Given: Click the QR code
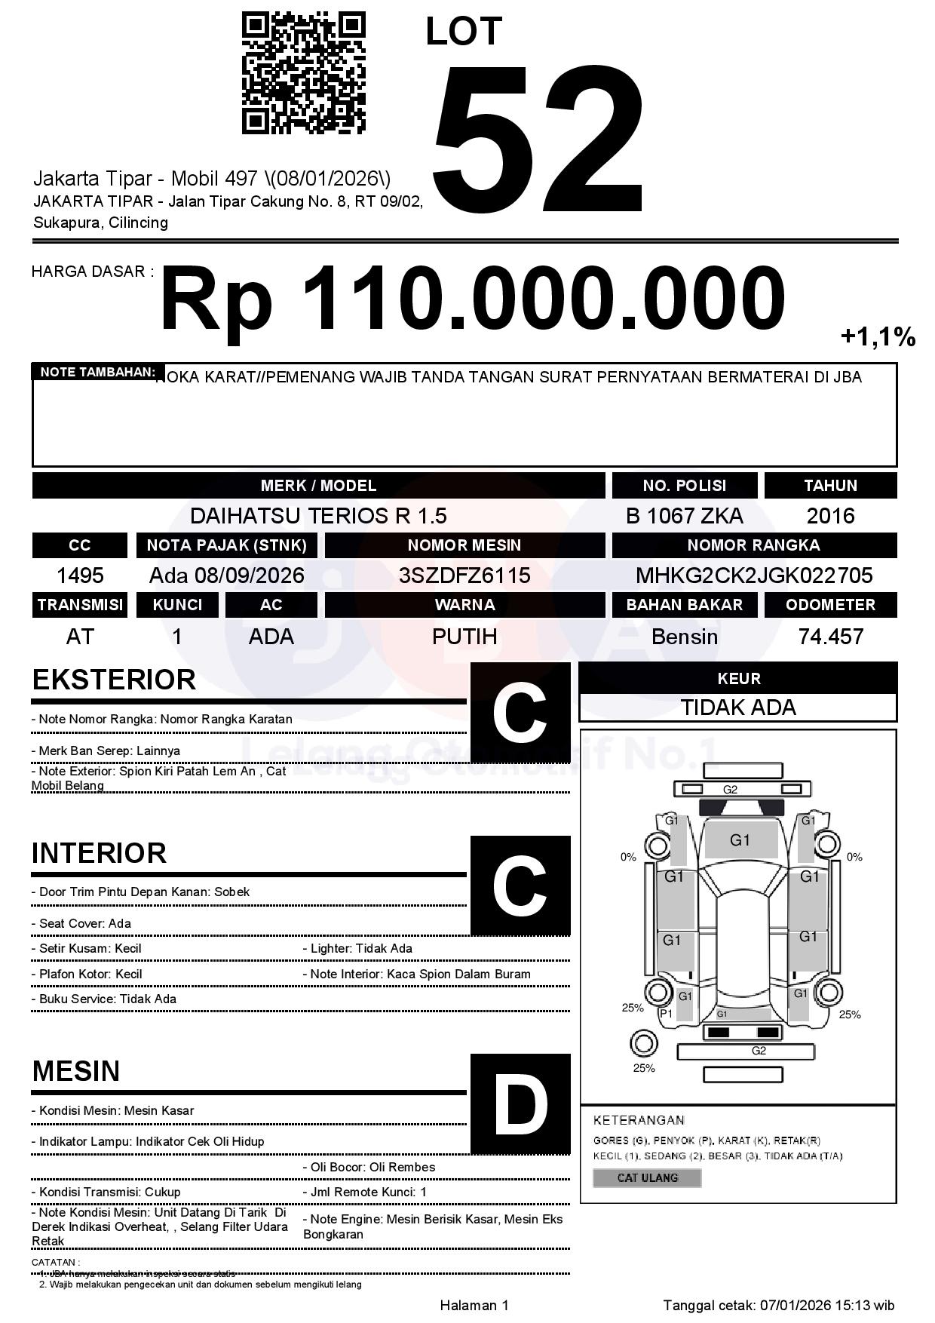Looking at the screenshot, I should click(x=303, y=73).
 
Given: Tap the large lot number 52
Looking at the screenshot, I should click(x=538, y=140).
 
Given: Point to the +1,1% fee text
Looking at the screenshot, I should click(x=878, y=336).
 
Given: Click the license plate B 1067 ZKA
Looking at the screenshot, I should click(x=684, y=516).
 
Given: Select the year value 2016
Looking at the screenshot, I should click(x=830, y=516).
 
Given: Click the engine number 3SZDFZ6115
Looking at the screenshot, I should click(x=464, y=576).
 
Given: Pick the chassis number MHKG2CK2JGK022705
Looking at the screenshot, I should click(x=754, y=576).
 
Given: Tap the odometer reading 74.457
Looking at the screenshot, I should click(x=830, y=637).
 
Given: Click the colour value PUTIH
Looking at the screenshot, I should click(x=464, y=637).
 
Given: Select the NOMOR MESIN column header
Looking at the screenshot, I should click(x=464, y=545).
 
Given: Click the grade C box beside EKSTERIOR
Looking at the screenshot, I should click(x=520, y=713).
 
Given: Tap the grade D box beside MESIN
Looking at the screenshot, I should click(x=520, y=1104).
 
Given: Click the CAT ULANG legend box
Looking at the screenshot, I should click(x=647, y=1177).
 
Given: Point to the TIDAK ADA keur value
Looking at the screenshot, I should click(x=738, y=708).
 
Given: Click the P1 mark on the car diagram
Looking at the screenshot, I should click(x=666, y=1014).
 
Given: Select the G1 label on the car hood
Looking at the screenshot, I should click(x=740, y=840).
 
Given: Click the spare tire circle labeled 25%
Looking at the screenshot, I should click(x=643, y=1044).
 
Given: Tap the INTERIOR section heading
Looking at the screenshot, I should click(x=99, y=853).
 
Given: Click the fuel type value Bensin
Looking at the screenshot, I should click(x=684, y=637).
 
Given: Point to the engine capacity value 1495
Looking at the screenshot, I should click(x=80, y=576).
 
